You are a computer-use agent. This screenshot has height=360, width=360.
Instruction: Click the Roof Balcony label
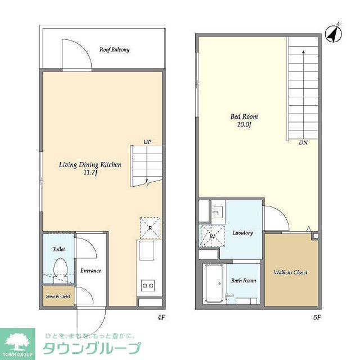(x=114, y=49)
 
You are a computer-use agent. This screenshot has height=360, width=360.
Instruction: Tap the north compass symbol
(x=334, y=34)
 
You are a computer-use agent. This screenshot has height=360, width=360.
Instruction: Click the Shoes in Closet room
(x=58, y=296)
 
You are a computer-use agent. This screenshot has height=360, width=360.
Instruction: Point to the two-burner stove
(x=148, y=286)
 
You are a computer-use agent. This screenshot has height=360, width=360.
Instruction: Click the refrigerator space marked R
(x=150, y=228)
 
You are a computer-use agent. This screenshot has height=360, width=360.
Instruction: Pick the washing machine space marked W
(x=212, y=236)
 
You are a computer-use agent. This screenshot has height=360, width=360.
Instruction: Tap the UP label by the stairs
(x=147, y=142)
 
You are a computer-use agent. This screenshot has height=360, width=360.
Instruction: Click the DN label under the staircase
(x=303, y=142)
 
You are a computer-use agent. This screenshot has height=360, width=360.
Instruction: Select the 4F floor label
(x=161, y=317)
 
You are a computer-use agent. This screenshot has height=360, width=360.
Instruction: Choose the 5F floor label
(x=317, y=317)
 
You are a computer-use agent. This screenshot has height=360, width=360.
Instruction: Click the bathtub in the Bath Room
(x=214, y=283)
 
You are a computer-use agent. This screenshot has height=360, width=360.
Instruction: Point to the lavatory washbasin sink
(x=218, y=212)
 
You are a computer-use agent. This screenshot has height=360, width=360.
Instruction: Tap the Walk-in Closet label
(x=290, y=272)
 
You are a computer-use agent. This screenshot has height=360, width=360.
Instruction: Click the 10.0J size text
(x=244, y=124)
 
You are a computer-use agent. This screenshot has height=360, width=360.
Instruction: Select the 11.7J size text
(x=90, y=173)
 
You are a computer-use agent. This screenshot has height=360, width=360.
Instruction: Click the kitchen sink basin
(x=147, y=251)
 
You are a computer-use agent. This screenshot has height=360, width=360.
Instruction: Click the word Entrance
(x=91, y=271)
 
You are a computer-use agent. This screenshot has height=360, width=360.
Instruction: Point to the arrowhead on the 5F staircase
(x=304, y=52)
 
